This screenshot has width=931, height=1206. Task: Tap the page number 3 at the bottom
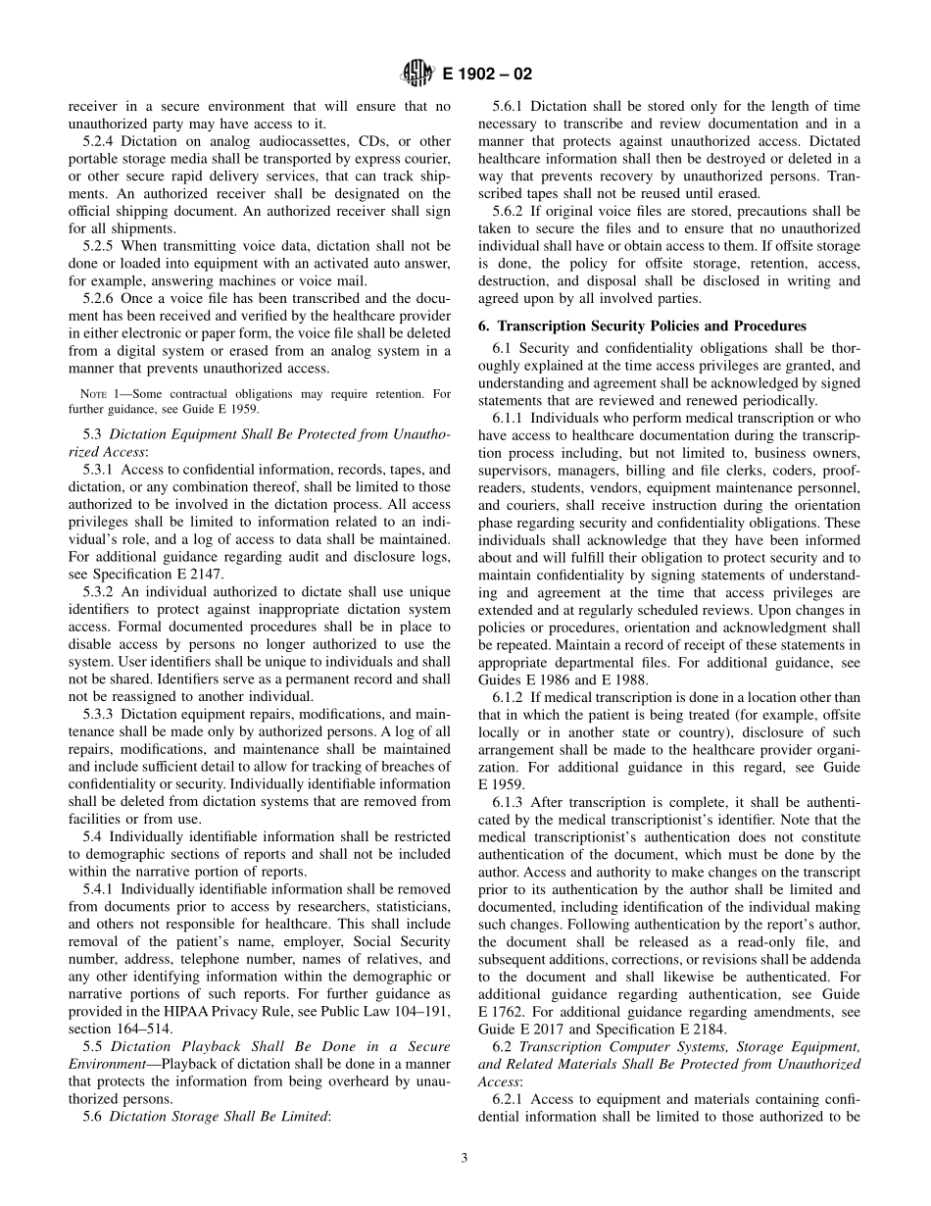click(x=465, y=1158)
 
